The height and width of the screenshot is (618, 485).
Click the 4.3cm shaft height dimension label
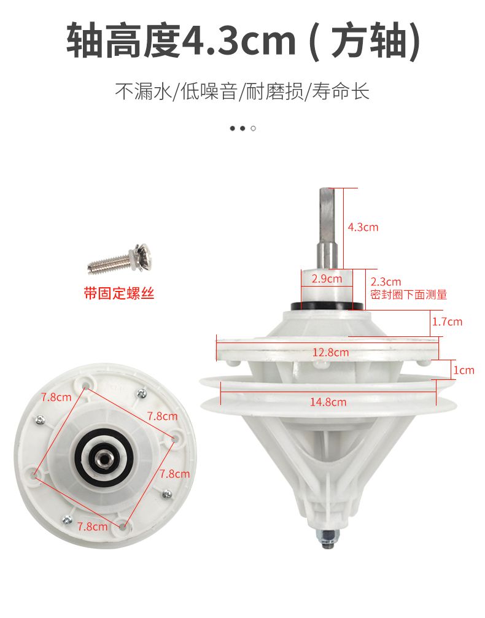click(x=363, y=227)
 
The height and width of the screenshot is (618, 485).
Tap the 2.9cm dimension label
click(x=327, y=279)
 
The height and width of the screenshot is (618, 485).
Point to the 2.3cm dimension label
click(x=386, y=282)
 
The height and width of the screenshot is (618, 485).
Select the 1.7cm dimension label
click(x=447, y=322)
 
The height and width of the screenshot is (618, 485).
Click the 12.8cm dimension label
click(x=330, y=352)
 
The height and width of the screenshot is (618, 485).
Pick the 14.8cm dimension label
click(x=328, y=402)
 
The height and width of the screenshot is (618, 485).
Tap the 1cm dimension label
click(x=464, y=370)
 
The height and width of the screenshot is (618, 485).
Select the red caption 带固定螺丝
click(x=118, y=293)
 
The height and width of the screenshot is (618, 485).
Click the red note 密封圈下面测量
click(x=409, y=295)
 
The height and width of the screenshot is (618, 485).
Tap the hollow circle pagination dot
click(x=253, y=128)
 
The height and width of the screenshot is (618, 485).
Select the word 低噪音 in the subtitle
click(x=209, y=91)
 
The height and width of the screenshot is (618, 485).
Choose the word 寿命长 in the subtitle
click(x=341, y=91)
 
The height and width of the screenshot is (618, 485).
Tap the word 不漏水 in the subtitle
click(x=144, y=91)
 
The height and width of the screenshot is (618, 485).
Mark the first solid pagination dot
click(x=233, y=128)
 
